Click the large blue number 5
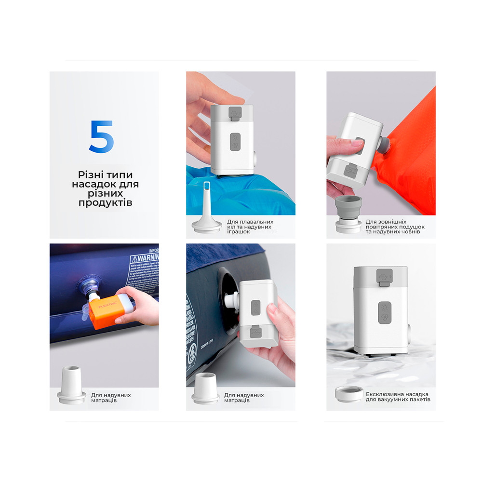102,136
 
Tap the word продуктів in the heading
105,203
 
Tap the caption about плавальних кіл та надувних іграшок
249,226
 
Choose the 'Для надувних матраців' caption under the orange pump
111,398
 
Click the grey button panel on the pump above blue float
235,143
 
